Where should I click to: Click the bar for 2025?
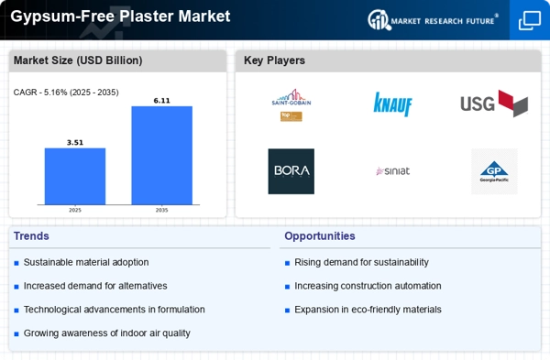(75, 176)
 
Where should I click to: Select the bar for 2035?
(161, 155)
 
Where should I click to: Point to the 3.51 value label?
(75, 142)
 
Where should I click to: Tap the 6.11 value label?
(161, 100)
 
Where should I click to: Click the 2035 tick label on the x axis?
(161, 210)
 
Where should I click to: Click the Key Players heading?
(274, 60)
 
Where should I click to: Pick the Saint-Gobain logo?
(291, 104)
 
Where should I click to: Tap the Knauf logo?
(392, 104)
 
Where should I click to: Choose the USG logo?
(494, 104)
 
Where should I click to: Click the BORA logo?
(291, 171)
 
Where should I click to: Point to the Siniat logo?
(392, 171)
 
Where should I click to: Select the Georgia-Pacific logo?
(494, 171)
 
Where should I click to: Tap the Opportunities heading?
(319, 236)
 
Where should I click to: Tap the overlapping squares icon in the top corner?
(530, 19)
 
